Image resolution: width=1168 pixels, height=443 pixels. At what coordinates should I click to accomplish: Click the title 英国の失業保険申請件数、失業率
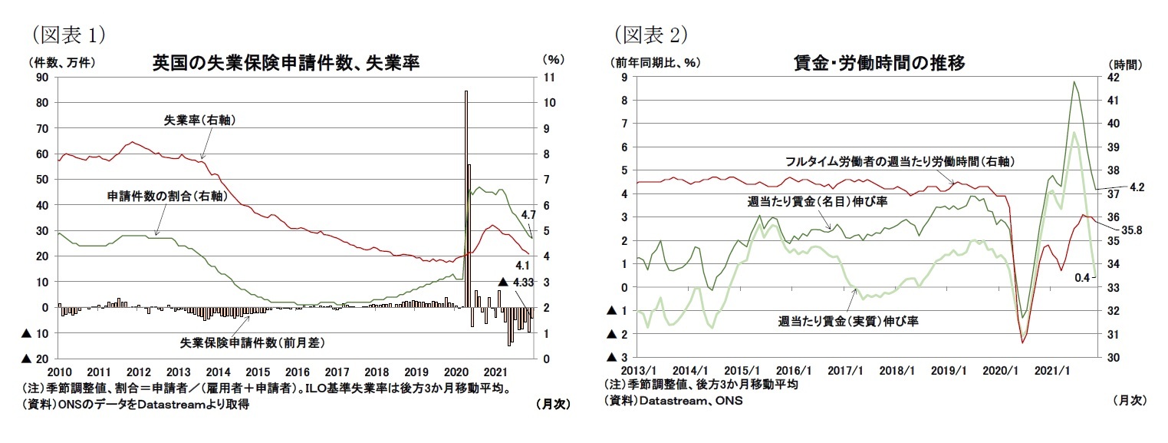coord(286,62)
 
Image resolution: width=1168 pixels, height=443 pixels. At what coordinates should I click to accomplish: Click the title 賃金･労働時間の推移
coord(879,63)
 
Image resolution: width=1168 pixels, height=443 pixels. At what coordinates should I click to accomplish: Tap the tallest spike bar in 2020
coord(466,200)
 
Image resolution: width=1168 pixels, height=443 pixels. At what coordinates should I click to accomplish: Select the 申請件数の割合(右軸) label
coord(165,197)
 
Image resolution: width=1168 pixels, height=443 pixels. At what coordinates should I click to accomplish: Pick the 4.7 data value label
coord(528,215)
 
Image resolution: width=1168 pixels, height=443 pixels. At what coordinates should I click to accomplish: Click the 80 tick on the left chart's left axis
coord(42,103)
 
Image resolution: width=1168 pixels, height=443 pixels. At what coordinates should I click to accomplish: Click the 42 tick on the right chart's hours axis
coord(1114,78)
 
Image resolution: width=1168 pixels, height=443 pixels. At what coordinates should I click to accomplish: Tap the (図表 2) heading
coord(650,34)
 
